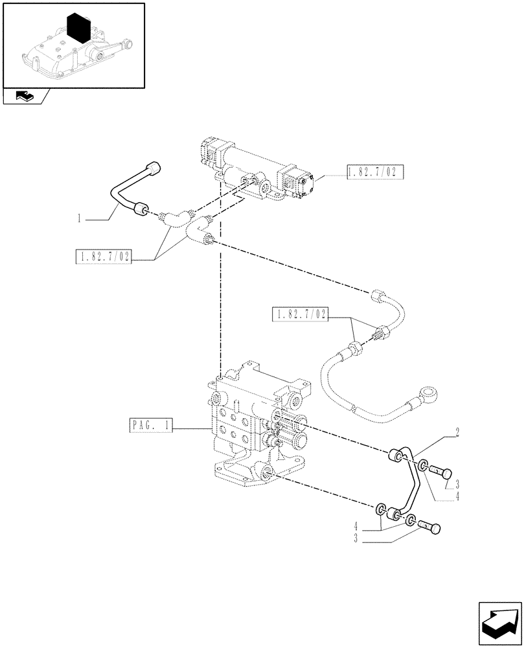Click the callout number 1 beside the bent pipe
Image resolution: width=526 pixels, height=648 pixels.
tap(79, 219)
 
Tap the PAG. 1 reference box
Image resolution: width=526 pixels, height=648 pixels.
tap(150, 426)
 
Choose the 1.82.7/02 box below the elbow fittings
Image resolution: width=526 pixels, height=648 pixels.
tap(103, 257)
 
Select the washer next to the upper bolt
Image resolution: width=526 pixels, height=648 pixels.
tap(422, 465)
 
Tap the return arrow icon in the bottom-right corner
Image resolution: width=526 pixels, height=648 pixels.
tap(499, 622)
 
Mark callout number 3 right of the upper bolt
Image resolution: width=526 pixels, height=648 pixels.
tap(457, 484)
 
